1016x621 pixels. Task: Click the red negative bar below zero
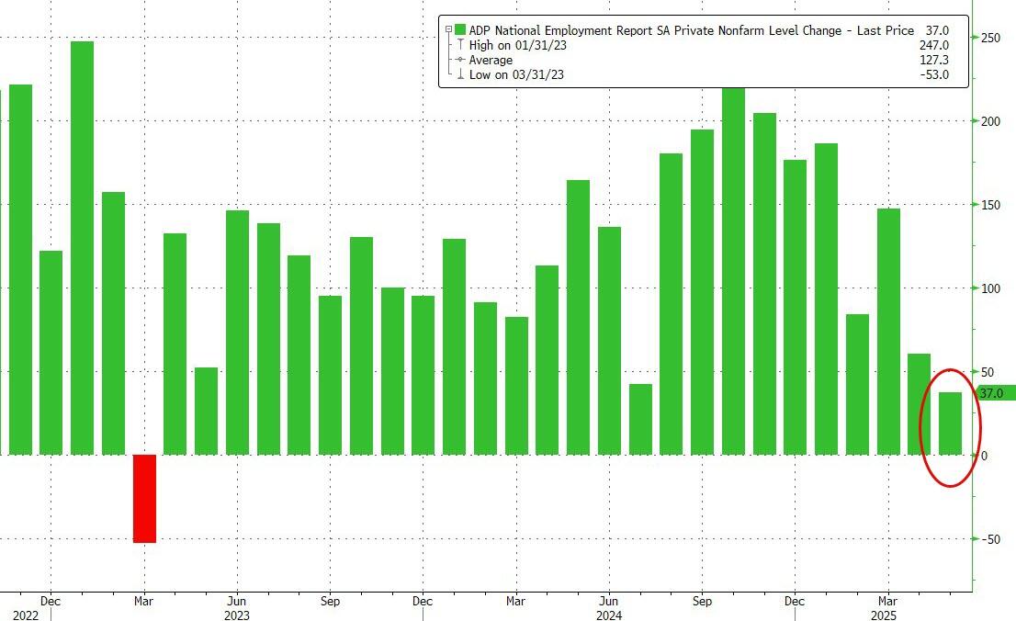pos(144,498)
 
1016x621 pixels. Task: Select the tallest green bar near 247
pos(82,248)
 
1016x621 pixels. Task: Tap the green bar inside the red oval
pos(950,423)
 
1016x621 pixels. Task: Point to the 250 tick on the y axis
pos(991,38)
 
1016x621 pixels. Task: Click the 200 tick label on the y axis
pos(991,121)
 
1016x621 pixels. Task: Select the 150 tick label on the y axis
pos(991,205)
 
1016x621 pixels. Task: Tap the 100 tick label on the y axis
pos(991,288)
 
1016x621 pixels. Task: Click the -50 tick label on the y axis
pos(991,539)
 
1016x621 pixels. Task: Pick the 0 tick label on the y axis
pos(985,456)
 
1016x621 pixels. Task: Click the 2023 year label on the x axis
pos(236,615)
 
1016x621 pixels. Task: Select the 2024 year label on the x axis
pos(608,615)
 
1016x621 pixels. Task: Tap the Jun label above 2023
pos(236,601)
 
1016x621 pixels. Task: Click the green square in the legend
pos(460,30)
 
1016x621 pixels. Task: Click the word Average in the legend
pos(491,60)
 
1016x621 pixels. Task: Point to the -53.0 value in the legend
pos(934,74)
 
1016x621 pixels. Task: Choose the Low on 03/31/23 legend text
pos(516,74)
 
